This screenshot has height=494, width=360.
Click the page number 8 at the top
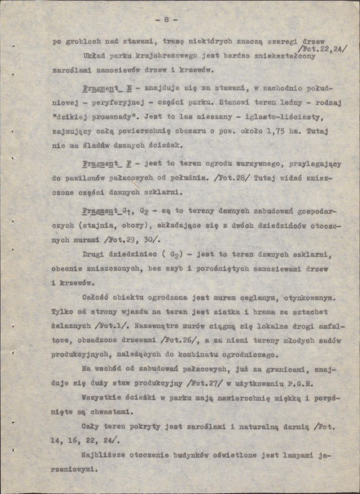[x=166, y=19]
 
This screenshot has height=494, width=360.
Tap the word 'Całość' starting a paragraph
[x=96, y=297]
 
